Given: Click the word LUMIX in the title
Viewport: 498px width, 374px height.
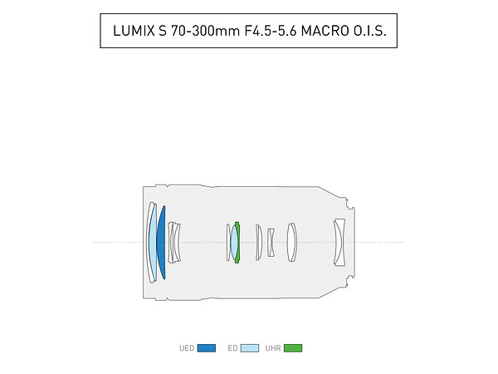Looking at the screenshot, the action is [134, 31].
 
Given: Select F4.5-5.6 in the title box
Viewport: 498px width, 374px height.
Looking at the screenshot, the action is [271, 31].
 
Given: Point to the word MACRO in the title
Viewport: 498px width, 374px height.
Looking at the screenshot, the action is [325, 31].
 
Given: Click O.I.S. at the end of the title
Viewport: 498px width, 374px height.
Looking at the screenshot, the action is [370, 31].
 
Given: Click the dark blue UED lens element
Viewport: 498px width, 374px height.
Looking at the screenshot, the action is [162, 243].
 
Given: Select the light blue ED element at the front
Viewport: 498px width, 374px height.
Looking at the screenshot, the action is [153, 243].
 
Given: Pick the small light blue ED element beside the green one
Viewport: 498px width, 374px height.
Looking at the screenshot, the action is [234, 243].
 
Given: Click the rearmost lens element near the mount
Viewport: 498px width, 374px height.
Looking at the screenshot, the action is [339, 243].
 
